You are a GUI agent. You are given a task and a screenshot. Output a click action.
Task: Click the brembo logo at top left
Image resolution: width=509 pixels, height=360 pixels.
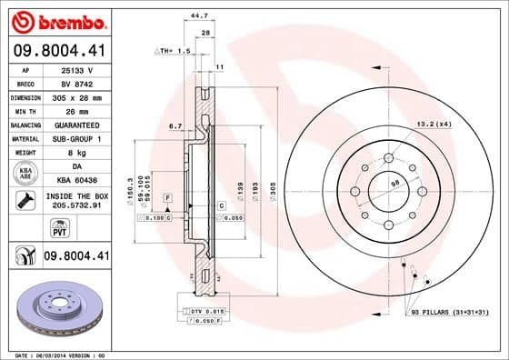(58, 21)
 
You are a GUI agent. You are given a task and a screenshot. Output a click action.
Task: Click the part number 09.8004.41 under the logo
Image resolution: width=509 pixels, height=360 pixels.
(58, 51)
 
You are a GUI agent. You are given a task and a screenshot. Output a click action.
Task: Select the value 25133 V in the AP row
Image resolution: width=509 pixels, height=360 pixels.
(77, 69)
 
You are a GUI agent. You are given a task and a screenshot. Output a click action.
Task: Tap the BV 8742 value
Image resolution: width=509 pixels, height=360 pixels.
(77, 83)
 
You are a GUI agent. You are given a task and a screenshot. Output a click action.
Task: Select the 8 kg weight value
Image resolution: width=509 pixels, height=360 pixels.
(77, 153)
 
